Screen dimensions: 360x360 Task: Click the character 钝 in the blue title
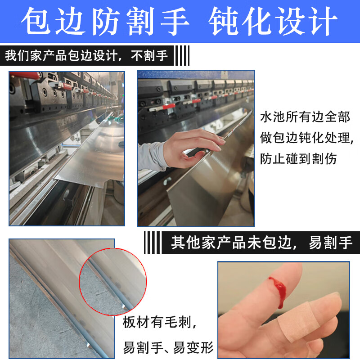223,21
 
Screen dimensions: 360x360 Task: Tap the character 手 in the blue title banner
175,21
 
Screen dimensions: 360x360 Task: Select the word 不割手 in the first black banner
149,55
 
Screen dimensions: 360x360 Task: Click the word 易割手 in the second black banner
331,243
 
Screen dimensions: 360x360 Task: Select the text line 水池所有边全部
305,117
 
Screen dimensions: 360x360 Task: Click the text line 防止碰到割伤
298,159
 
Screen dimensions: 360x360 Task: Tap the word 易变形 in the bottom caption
193,347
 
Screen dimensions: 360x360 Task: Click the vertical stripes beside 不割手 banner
183,55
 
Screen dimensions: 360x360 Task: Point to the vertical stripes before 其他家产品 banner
152,243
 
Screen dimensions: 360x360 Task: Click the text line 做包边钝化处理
307,138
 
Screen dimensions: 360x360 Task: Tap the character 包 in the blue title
36,21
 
